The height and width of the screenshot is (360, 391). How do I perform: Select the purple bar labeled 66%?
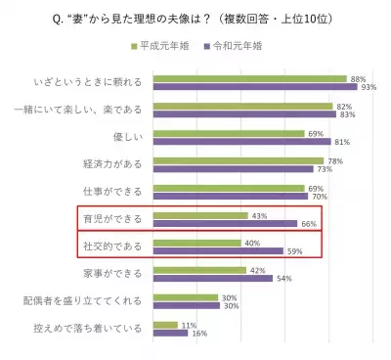[225, 224]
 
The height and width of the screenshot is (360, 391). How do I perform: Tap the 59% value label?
[292, 251]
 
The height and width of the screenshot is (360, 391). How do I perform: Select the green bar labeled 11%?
[165, 325]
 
